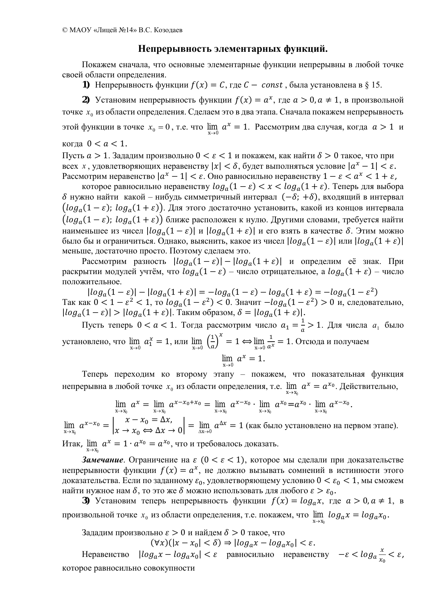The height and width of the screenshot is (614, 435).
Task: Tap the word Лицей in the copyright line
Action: [x=109, y=30]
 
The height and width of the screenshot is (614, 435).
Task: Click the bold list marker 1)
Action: [x=86, y=85]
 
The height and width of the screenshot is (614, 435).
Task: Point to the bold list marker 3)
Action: [x=86, y=501]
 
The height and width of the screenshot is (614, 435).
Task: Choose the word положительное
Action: [x=92, y=281]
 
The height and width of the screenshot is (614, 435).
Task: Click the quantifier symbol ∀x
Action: [x=157, y=543]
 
